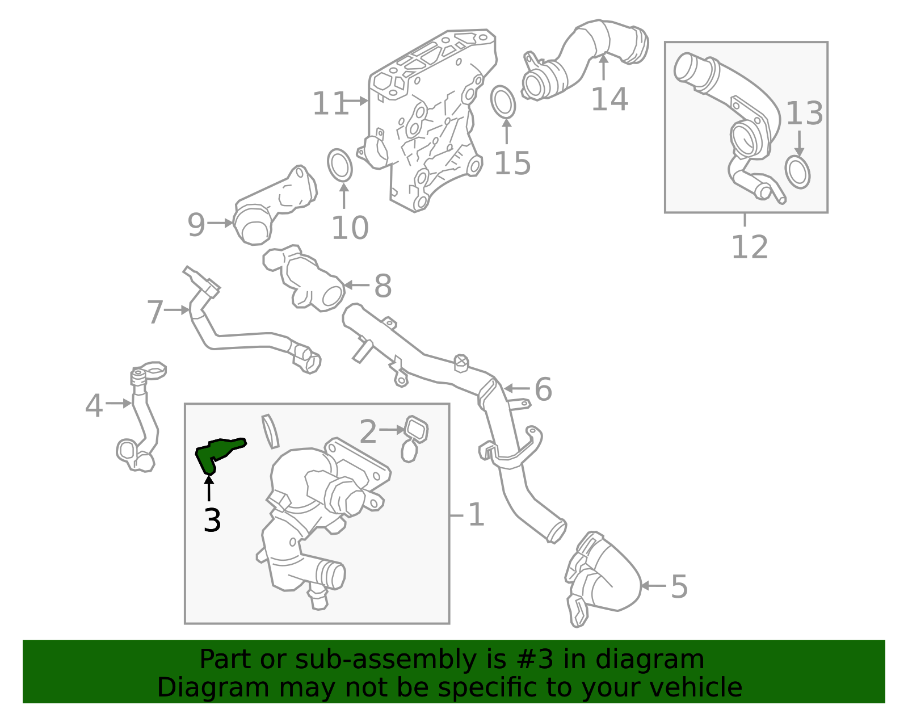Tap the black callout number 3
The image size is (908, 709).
pos(212,521)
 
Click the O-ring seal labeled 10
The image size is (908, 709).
pos(340,166)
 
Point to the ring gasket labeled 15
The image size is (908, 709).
pos(503,102)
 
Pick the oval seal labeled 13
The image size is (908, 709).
pos(797,173)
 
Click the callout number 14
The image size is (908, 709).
pos(609,99)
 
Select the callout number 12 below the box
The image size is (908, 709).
pos(749,247)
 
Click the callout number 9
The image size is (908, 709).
pos(196,225)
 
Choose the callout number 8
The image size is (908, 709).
pos(383,286)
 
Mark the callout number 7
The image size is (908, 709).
pos(155,312)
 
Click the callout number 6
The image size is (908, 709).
pos(543,389)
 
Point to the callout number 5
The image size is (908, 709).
pos(679,586)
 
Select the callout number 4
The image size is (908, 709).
pos(94,406)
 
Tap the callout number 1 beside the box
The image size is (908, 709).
pos(476,515)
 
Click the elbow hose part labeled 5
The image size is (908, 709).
pos(607,579)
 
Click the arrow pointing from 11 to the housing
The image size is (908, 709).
pos(356,101)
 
